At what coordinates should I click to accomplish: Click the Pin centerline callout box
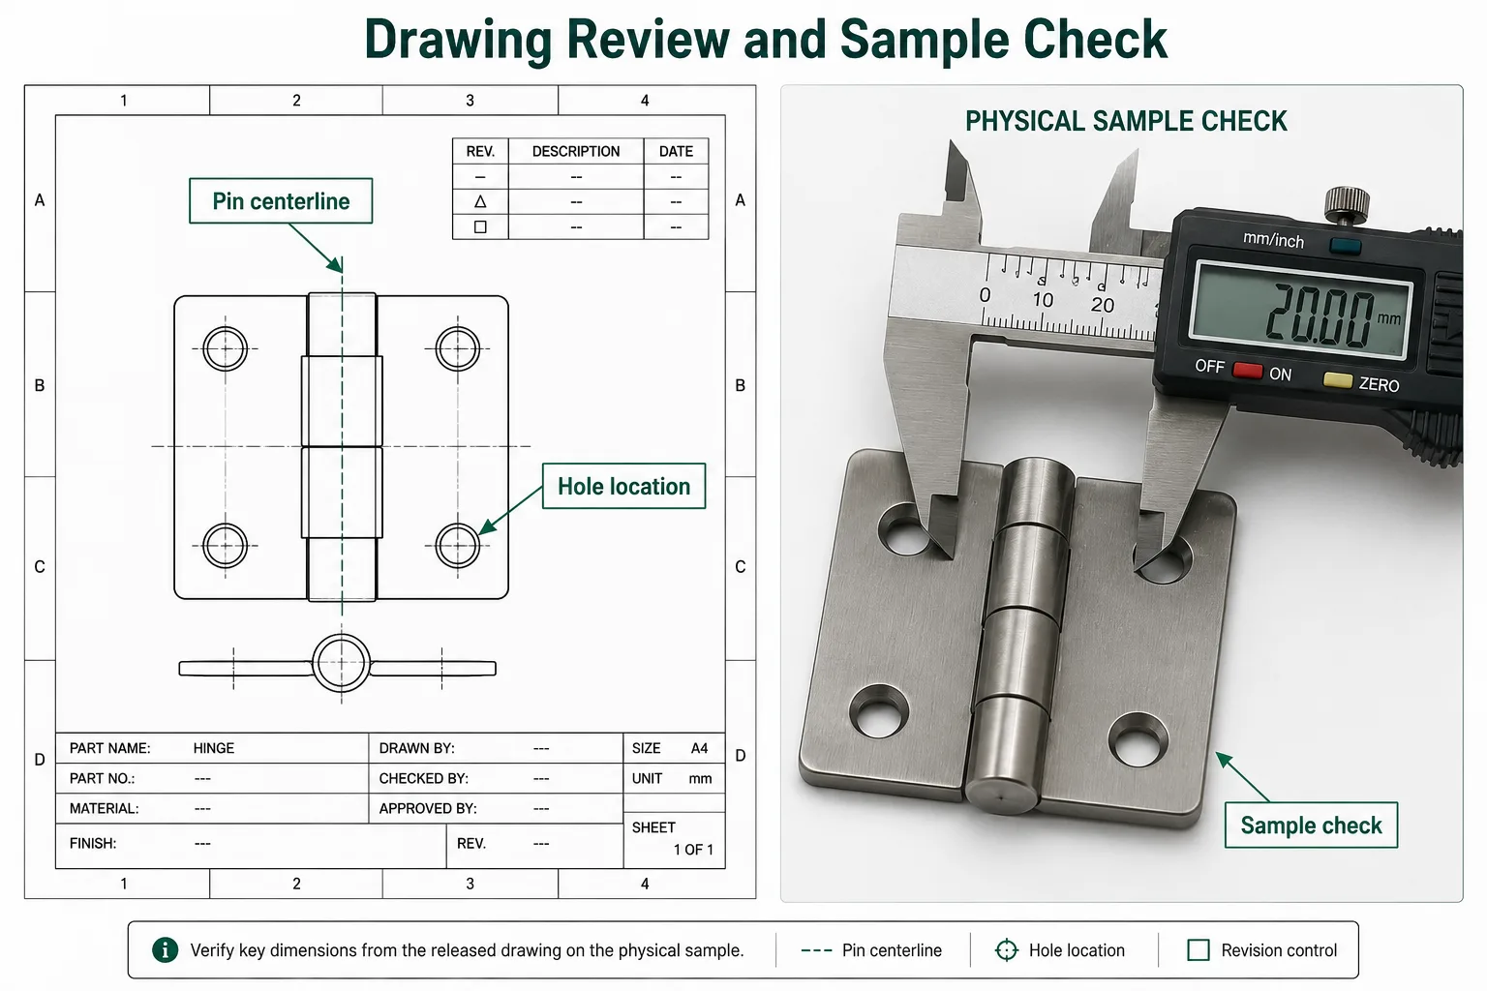click(x=281, y=200)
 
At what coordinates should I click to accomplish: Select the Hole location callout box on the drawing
click(x=624, y=486)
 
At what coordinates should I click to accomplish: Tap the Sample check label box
click(x=1311, y=826)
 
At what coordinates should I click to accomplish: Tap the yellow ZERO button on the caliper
click(x=1338, y=380)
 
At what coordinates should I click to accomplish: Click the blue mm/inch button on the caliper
click(x=1345, y=246)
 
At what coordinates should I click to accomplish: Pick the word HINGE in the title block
click(x=214, y=748)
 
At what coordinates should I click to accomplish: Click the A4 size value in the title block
click(x=700, y=748)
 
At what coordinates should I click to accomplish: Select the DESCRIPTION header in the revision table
click(x=576, y=151)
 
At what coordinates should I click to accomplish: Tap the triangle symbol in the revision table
click(x=480, y=201)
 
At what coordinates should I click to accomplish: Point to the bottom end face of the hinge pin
click(x=1001, y=794)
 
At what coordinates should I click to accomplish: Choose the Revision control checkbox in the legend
click(x=1199, y=949)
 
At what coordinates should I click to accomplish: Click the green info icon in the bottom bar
click(x=166, y=949)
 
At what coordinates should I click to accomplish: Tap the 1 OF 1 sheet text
click(x=693, y=850)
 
